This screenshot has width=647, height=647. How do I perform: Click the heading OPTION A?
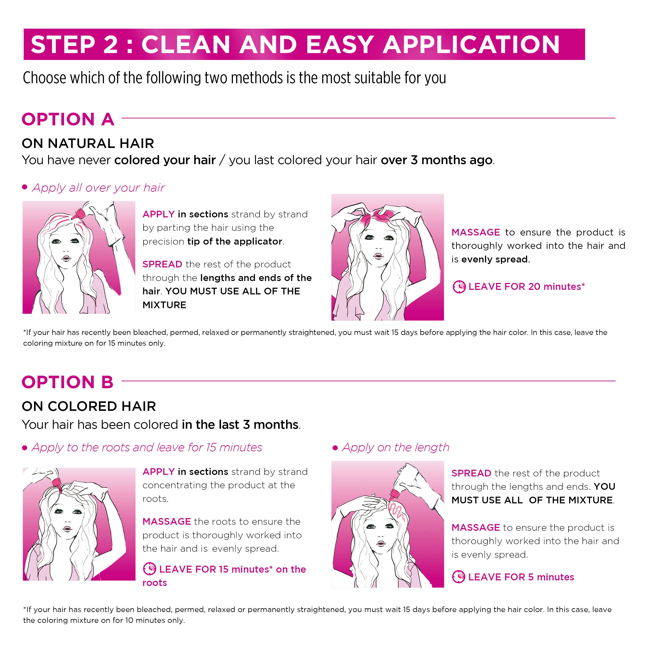pyautogui.click(x=68, y=119)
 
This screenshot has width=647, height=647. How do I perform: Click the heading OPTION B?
pyautogui.click(x=68, y=382)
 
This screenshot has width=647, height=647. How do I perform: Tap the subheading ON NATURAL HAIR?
pyautogui.click(x=88, y=143)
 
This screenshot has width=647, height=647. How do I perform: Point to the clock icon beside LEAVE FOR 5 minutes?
pyautogui.click(x=459, y=577)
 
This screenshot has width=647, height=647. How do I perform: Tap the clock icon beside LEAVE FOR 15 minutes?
pyautogui.click(x=149, y=569)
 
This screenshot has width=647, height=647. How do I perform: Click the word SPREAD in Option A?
pyautogui.click(x=162, y=264)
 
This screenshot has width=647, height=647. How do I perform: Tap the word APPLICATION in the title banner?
pyautogui.click(x=471, y=45)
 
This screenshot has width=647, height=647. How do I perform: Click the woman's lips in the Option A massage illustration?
pyautogui.click(x=378, y=256)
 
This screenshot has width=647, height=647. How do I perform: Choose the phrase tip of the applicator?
pyautogui.click(x=235, y=242)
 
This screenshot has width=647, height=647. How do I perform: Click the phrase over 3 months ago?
pyautogui.click(x=437, y=160)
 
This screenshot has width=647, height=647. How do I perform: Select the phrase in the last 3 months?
pyautogui.click(x=240, y=425)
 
